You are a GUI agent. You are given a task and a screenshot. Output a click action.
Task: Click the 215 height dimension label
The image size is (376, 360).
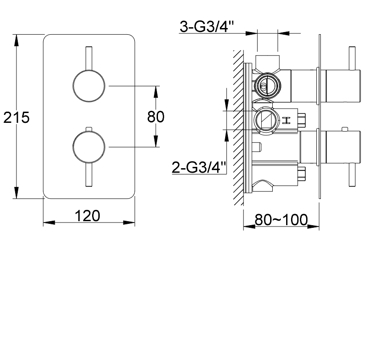(x=16, y=117)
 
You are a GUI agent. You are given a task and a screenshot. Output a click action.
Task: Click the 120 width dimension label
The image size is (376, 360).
(x=88, y=216)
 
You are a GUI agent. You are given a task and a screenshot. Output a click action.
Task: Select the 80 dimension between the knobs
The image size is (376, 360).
(x=156, y=117)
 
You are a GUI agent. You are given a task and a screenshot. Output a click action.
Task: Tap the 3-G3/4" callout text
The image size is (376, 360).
(x=207, y=26)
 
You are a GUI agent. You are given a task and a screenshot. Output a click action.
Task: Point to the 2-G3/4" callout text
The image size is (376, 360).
(x=199, y=167)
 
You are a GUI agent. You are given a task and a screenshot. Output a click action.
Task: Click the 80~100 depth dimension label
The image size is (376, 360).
(x=281, y=219)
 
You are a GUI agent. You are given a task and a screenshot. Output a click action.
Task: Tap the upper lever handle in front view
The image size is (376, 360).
(x=89, y=58)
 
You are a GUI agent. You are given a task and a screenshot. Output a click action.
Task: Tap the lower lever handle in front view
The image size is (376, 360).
(x=89, y=174)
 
